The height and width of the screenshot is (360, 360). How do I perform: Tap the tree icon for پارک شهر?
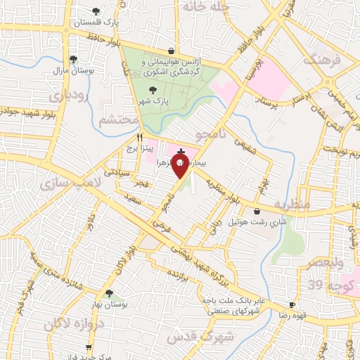153,90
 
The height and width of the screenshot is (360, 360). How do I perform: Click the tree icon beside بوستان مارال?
73,59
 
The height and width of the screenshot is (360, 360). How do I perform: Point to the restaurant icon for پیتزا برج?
140,137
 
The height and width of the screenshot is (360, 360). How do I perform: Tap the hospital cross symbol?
181,151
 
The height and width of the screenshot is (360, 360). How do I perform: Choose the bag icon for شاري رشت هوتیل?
256,211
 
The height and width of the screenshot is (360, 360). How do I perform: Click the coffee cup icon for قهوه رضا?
292,304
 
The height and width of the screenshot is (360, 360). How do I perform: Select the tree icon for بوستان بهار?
109,293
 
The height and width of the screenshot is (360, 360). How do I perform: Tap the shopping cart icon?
89,347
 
